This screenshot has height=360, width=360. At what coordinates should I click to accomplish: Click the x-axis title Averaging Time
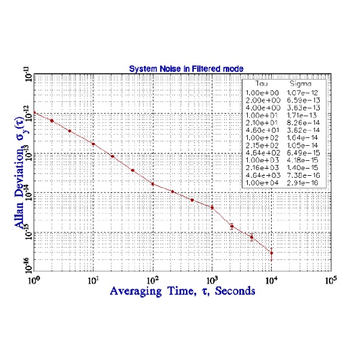tap(182, 290)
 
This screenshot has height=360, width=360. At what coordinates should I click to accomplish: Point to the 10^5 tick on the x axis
tap(331, 280)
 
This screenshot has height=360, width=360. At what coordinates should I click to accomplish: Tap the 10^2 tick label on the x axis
tap(152, 280)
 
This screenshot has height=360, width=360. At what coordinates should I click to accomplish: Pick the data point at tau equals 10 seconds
tap(93, 144)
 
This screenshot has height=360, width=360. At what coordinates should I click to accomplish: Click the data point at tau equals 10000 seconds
tap(271, 253)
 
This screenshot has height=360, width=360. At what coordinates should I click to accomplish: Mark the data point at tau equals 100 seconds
tap(152, 184)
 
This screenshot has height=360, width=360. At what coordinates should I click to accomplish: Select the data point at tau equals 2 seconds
tap(52, 121)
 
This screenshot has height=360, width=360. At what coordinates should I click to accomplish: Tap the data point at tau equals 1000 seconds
tap(212, 208)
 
